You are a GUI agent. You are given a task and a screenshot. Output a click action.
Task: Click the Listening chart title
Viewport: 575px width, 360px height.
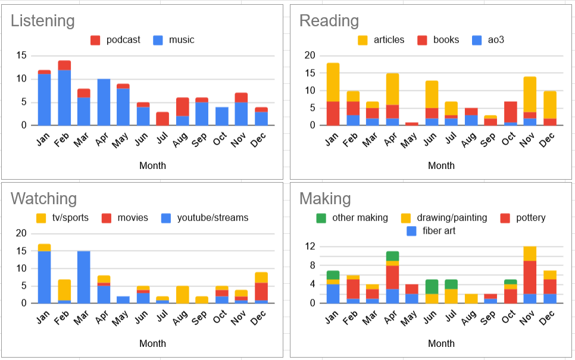[x=43, y=21]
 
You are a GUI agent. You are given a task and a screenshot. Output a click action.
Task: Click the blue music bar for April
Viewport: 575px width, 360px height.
[x=104, y=102]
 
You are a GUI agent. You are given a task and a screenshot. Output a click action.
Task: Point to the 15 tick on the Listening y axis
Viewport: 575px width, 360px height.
[x=21, y=55]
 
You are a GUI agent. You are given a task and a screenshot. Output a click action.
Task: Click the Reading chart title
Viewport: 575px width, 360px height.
[x=329, y=21]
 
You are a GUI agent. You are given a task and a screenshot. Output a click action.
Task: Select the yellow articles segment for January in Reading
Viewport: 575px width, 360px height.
[x=333, y=82]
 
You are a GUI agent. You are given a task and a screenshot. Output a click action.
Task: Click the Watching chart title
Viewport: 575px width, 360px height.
[x=44, y=198]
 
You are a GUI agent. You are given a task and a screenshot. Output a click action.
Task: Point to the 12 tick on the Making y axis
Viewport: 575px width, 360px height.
[x=309, y=246]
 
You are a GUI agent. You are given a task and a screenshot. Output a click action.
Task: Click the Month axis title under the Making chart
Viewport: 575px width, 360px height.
[x=441, y=343]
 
